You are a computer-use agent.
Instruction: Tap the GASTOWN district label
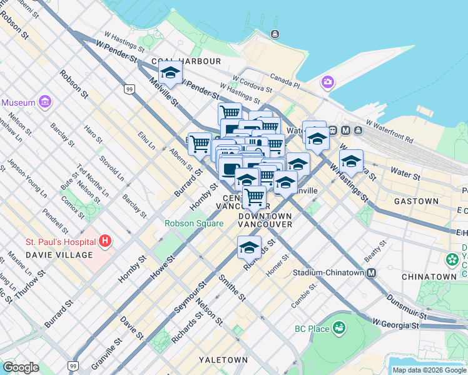[x=416, y=201]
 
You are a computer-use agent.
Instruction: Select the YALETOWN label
[x=223, y=360]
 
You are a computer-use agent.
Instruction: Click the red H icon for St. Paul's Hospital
[x=105, y=241]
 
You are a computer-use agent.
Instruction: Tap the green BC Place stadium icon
[x=338, y=327]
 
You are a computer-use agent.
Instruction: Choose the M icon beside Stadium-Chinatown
[x=372, y=272]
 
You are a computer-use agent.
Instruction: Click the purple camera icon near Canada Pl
[x=327, y=82]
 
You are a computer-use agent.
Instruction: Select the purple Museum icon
[x=44, y=101]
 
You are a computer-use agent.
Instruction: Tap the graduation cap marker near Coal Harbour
[x=170, y=74]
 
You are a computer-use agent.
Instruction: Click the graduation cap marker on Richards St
[x=249, y=248]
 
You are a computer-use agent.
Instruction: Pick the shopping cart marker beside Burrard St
[x=200, y=144]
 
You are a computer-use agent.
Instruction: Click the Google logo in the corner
[x=21, y=367]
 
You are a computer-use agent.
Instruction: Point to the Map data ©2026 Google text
[x=429, y=370]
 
